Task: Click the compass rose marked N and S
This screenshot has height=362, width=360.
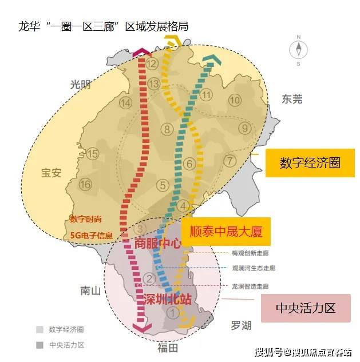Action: click(298, 50)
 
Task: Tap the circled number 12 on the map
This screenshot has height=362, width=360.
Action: click(151, 63)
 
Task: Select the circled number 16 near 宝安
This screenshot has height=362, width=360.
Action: click(85, 185)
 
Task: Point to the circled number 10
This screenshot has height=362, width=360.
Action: click(235, 100)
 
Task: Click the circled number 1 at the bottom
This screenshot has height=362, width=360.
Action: click(172, 313)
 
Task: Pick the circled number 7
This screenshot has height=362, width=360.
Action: click(230, 161)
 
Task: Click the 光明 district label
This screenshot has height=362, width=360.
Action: click(81, 85)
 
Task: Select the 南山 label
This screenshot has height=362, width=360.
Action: click(90, 291)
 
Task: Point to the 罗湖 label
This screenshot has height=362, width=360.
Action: click(240, 325)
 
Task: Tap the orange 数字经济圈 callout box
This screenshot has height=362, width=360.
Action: click(310, 162)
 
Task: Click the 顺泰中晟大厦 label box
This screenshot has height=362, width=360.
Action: click(225, 232)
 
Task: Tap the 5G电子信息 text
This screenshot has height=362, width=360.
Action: click(91, 234)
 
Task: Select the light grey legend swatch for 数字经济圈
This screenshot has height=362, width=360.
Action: click(39, 329)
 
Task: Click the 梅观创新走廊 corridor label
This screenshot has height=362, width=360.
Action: click(250, 253)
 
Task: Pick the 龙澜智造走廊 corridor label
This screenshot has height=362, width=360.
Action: click(250, 285)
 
